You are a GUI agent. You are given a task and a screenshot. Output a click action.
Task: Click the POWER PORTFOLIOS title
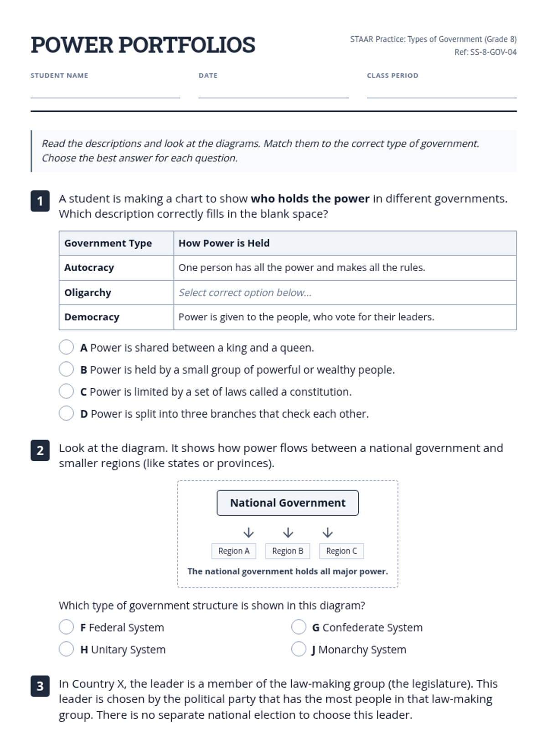(x=143, y=45)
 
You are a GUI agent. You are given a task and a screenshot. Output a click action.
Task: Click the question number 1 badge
(x=40, y=201)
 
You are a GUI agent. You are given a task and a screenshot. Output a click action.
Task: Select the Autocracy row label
(x=89, y=268)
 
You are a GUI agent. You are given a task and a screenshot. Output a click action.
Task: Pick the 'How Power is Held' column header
(x=224, y=243)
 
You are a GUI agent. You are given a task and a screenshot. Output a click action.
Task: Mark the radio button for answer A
(x=66, y=347)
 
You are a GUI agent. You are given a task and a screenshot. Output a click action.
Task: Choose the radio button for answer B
(x=66, y=369)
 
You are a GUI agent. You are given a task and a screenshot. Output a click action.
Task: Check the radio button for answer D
(x=66, y=413)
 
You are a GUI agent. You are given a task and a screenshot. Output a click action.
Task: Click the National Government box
(x=288, y=503)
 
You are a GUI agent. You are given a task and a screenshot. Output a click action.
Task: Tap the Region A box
(x=234, y=551)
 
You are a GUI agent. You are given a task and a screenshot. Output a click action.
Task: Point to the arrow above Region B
(x=288, y=532)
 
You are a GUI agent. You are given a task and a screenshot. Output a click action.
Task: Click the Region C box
(x=341, y=551)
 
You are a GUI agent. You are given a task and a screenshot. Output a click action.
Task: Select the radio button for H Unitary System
(x=66, y=649)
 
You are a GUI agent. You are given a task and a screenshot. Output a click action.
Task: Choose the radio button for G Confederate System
(x=299, y=627)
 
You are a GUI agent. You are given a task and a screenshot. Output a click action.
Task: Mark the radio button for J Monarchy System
(x=299, y=649)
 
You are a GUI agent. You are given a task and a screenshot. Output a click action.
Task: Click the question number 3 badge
(x=40, y=686)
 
